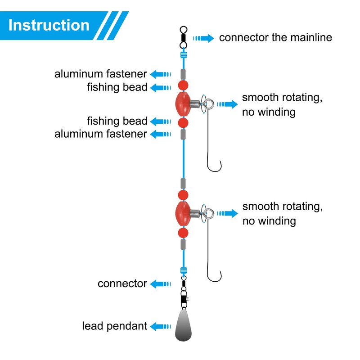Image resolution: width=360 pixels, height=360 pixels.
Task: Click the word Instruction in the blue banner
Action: tap(49, 25)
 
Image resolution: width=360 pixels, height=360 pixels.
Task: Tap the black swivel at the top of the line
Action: tap(184, 37)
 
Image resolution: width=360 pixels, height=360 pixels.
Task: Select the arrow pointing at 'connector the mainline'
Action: tap(203, 38)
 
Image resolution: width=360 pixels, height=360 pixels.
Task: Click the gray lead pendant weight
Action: tap(183, 325)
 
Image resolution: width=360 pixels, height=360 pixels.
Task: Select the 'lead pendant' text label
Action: tap(115, 326)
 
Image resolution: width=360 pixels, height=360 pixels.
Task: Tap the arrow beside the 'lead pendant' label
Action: tap(161, 327)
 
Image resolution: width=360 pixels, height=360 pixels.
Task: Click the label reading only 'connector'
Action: tap(122, 284)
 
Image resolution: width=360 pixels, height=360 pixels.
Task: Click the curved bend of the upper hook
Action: tap(214, 169)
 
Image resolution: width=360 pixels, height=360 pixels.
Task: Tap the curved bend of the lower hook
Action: tap(214, 279)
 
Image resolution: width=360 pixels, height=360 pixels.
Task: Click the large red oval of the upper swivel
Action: tap(183, 104)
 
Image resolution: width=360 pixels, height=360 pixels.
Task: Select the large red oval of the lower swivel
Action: tap(183, 213)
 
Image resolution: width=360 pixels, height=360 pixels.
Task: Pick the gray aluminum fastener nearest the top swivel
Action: tap(183, 74)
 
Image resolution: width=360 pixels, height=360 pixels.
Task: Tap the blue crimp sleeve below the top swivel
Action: tap(184, 55)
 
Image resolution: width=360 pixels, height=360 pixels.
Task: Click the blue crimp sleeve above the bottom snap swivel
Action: tap(184, 270)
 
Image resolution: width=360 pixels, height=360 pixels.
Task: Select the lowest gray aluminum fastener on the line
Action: tap(183, 244)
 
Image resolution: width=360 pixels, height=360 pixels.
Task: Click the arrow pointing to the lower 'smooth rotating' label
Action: tap(227, 213)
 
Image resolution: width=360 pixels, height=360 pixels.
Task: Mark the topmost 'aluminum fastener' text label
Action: tap(100, 74)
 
